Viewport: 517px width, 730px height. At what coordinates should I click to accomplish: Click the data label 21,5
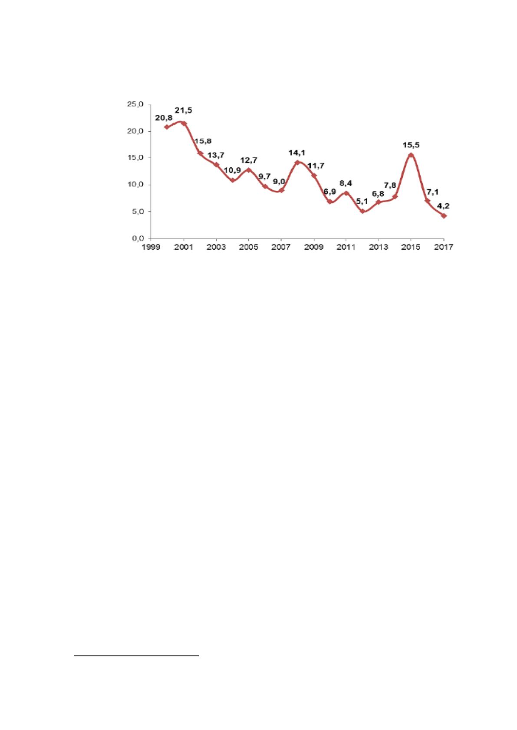[183, 111]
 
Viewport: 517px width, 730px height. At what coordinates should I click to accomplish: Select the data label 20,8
[164, 118]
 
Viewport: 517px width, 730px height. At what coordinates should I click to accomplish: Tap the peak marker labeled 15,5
[411, 155]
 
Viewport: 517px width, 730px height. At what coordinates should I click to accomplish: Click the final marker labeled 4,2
[444, 216]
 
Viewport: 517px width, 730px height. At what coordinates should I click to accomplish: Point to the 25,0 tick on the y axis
[135, 104]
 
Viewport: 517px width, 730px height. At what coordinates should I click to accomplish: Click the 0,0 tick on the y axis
[138, 238]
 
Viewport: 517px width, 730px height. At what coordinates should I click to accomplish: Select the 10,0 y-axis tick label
[135, 185]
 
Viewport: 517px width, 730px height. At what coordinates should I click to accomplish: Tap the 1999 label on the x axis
[151, 247]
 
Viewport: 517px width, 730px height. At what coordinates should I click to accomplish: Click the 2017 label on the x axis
[444, 247]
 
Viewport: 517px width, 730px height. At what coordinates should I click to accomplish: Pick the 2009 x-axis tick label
[314, 247]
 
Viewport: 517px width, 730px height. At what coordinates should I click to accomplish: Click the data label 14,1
[296, 153]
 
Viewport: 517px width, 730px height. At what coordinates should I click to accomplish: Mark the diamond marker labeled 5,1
[362, 211]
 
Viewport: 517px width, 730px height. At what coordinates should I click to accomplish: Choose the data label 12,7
[249, 160]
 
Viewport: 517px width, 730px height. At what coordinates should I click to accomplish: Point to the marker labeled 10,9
[232, 180]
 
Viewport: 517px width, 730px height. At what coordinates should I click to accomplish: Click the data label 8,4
[346, 183]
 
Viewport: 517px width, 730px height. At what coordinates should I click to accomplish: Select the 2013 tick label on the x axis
[379, 247]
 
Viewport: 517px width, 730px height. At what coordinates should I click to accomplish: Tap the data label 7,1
[432, 192]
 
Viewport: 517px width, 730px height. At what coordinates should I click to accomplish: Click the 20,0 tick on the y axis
[135, 131]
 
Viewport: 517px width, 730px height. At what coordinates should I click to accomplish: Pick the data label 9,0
[279, 182]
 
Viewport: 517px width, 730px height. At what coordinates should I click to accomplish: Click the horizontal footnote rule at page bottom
[136, 655]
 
